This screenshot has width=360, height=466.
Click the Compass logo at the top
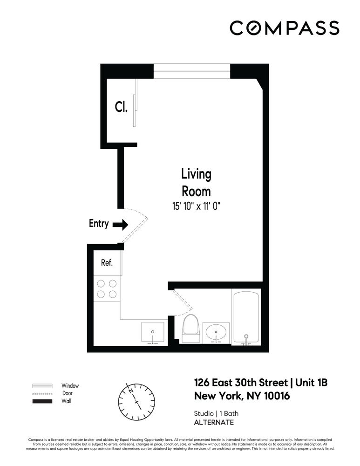284,28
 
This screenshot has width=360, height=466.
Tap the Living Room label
196,183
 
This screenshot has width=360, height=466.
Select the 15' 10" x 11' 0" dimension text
196,206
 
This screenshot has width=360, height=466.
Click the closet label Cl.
121,108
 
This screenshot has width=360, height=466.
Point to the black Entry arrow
121,225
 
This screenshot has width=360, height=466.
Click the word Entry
99,224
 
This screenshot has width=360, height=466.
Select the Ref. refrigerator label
107,263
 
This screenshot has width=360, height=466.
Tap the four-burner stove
107,288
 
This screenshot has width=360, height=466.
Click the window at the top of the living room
192,71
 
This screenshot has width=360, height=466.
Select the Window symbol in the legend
42,386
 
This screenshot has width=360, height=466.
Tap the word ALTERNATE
214,423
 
